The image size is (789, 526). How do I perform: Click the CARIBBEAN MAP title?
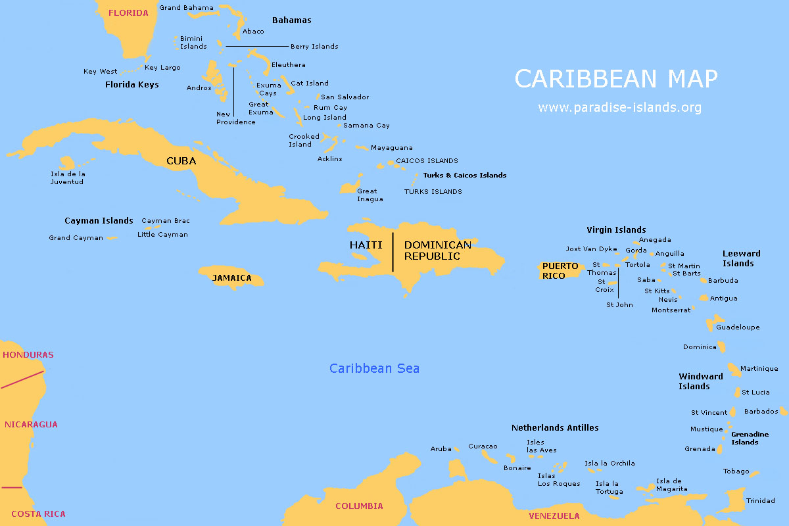[615, 78]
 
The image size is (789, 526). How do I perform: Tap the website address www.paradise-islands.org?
[619, 107]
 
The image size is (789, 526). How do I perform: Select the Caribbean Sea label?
[374, 368]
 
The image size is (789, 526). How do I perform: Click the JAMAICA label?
[231, 278]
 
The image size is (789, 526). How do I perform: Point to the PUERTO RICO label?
[560, 271]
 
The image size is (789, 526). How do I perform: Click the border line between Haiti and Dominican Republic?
[393, 252]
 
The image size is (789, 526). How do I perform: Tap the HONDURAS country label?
[28, 355]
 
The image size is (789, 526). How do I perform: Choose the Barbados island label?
[761, 412]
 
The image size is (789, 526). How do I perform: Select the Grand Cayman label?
[76, 238]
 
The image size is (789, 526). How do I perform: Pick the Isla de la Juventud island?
[67, 162]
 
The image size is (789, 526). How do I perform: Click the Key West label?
[100, 72]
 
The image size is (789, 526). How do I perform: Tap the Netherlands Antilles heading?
[555, 428]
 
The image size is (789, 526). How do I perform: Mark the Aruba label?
[441, 449]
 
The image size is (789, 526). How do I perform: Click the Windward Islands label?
[700, 381]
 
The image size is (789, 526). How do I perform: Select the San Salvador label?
[345, 97]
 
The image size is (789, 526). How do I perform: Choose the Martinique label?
[759, 369]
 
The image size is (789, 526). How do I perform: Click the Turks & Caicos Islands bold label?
[464, 176]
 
